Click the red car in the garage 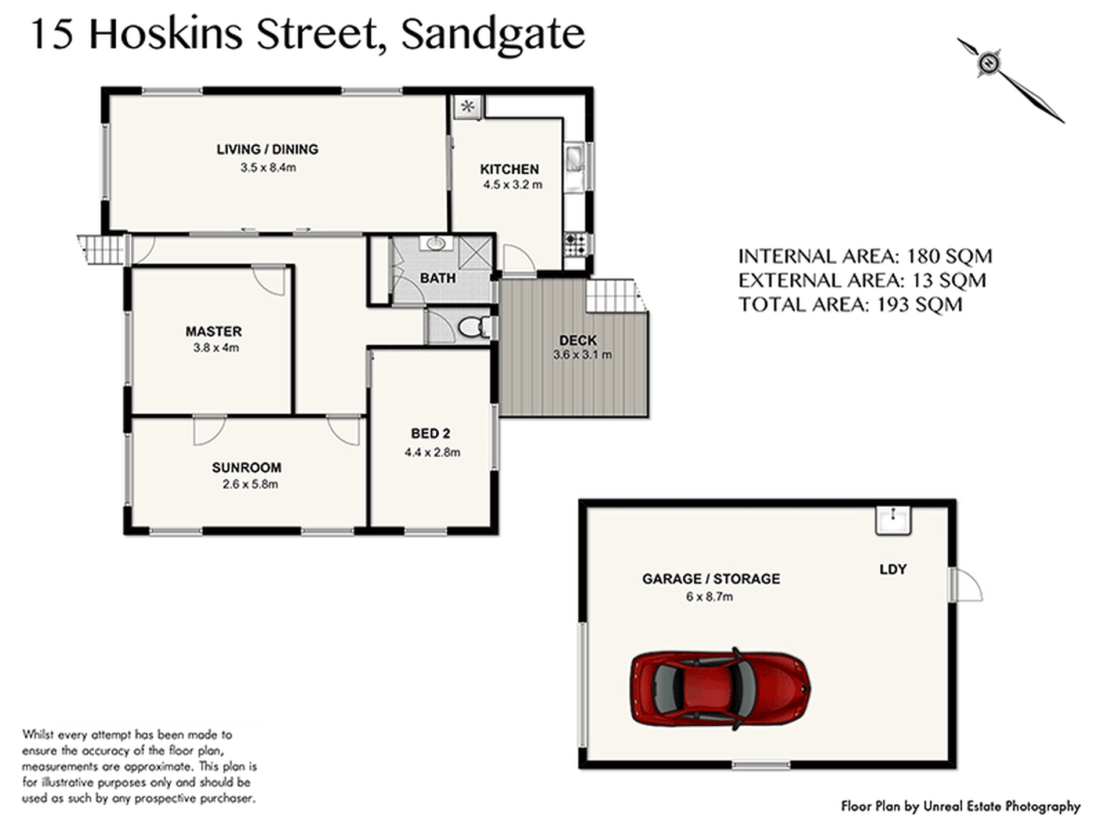click(x=721, y=689)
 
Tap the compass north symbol click(x=988, y=63)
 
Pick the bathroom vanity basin click(x=435, y=243)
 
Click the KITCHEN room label click(x=510, y=169)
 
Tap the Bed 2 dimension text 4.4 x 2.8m click(x=432, y=452)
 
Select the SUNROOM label click(x=246, y=467)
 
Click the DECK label click(x=578, y=340)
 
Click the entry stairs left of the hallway click(x=102, y=249)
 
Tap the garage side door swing click(x=966, y=585)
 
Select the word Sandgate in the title click(x=493, y=35)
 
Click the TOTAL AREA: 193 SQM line click(x=850, y=304)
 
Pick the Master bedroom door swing click(x=268, y=281)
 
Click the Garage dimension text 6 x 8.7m click(x=709, y=597)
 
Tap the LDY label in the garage click(x=893, y=569)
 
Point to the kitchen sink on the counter click(x=573, y=157)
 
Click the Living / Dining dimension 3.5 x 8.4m click(x=268, y=167)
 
